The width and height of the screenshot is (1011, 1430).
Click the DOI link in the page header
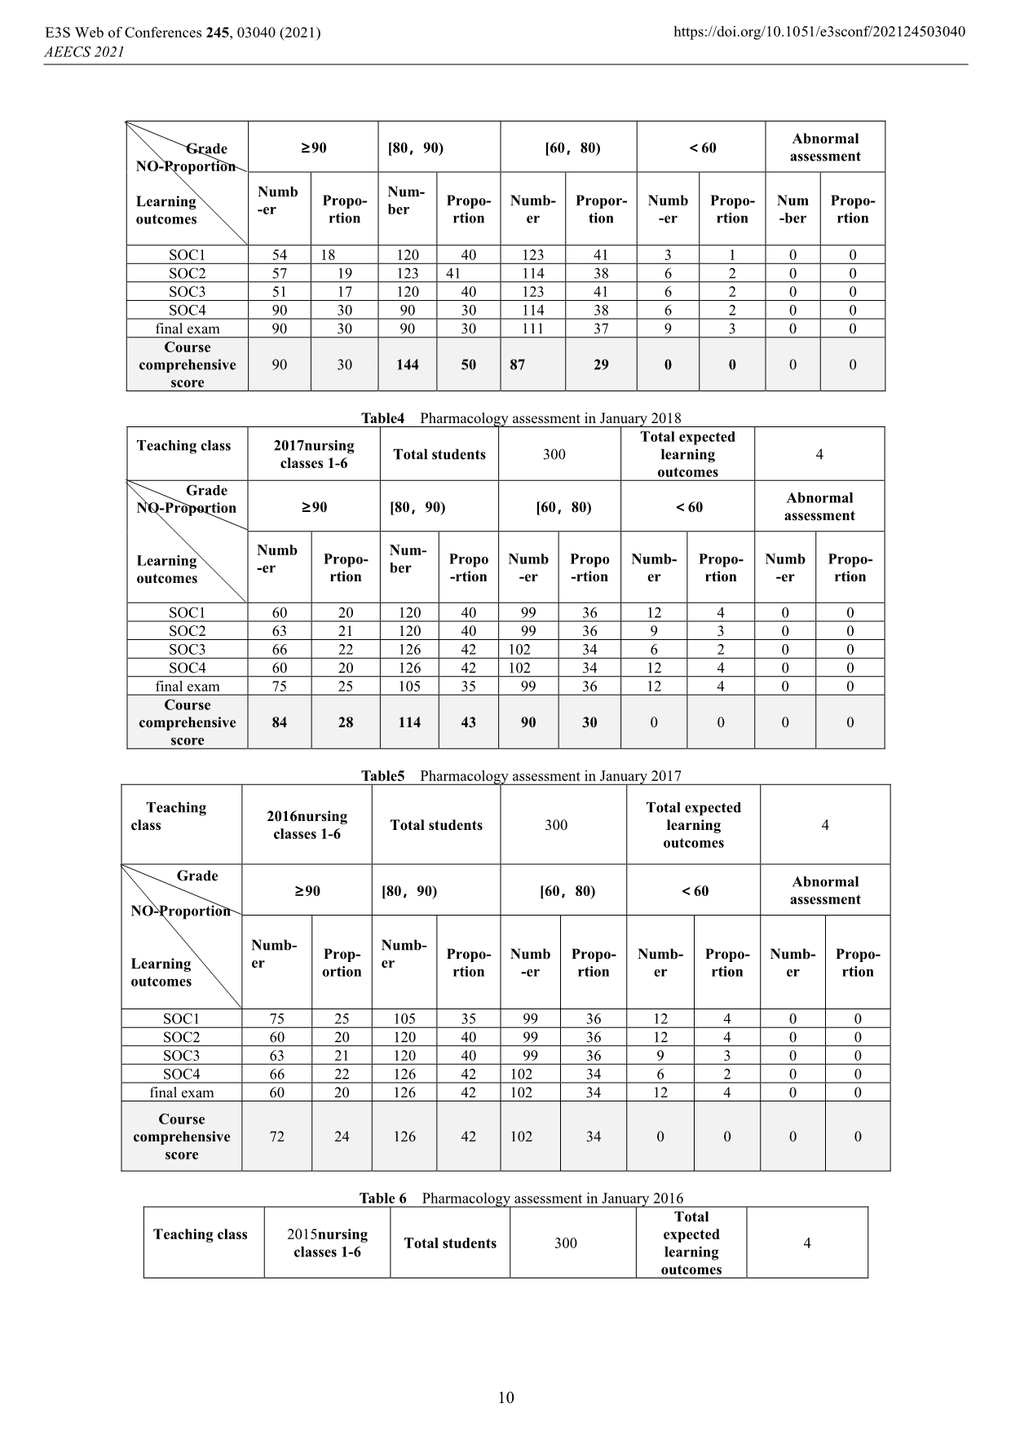point(819,32)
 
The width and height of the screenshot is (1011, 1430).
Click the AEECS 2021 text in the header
point(83,52)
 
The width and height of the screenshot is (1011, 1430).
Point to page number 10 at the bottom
point(505,1397)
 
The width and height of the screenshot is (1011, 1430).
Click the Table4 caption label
point(383,418)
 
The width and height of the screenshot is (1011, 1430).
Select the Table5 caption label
point(383,776)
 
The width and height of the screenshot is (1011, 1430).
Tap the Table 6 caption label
point(382,1198)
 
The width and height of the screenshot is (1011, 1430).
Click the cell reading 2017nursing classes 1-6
point(314,454)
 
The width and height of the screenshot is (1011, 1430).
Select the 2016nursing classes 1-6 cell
point(307,825)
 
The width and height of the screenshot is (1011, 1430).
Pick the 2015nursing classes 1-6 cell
point(327,1243)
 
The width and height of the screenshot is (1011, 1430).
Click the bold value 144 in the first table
point(408,364)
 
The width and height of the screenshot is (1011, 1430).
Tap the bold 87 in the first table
point(518,364)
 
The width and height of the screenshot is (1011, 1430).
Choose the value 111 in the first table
point(532,329)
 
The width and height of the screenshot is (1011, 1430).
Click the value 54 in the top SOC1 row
point(279,255)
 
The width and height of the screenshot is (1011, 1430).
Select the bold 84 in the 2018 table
point(279,722)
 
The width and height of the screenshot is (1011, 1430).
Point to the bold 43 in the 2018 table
point(468,722)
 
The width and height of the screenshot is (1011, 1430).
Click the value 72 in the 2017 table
point(277,1136)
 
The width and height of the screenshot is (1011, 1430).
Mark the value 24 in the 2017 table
point(342,1136)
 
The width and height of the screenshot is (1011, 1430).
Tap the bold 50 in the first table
point(468,364)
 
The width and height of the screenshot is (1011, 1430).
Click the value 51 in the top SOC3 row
point(279,292)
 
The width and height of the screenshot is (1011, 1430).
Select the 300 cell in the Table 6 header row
point(566,1243)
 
